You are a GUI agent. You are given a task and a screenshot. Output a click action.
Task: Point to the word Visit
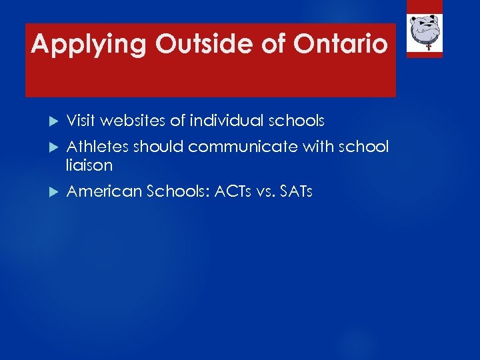[81, 121]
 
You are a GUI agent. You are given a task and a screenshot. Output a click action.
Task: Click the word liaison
[90, 164]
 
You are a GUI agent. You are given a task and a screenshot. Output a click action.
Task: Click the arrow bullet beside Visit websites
[55, 121]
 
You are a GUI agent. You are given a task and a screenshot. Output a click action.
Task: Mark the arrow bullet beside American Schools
[55, 193]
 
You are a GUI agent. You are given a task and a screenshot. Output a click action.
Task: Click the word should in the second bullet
[158, 147]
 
